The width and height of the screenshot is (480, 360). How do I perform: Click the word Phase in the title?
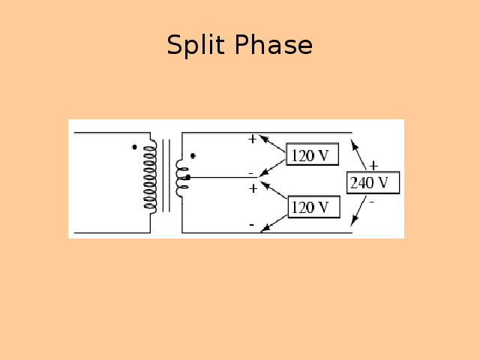click(272, 46)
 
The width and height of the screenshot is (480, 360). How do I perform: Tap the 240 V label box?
click(373, 183)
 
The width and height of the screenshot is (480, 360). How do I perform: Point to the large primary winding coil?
click(150, 176)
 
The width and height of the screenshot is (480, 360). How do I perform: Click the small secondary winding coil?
click(181, 177)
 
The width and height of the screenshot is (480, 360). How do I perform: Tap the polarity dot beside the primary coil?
click(134, 147)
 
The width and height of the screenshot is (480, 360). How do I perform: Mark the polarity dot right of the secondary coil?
click(193, 156)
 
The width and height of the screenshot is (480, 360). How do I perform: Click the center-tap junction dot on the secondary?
click(188, 177)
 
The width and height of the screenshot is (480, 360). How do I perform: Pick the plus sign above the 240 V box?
click(373, 166)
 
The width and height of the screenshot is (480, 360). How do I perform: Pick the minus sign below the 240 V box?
click(371, 201)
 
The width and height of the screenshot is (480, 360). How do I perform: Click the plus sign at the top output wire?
click(253, 139)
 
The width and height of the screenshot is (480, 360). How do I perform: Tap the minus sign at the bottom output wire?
click(251, 224)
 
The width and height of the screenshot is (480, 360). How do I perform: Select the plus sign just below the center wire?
click(253, 188)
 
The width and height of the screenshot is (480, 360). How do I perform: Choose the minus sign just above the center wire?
click(251, 172)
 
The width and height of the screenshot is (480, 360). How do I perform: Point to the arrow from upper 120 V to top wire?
click(273, 145)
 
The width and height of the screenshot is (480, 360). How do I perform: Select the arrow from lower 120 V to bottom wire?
click(274, 223)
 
